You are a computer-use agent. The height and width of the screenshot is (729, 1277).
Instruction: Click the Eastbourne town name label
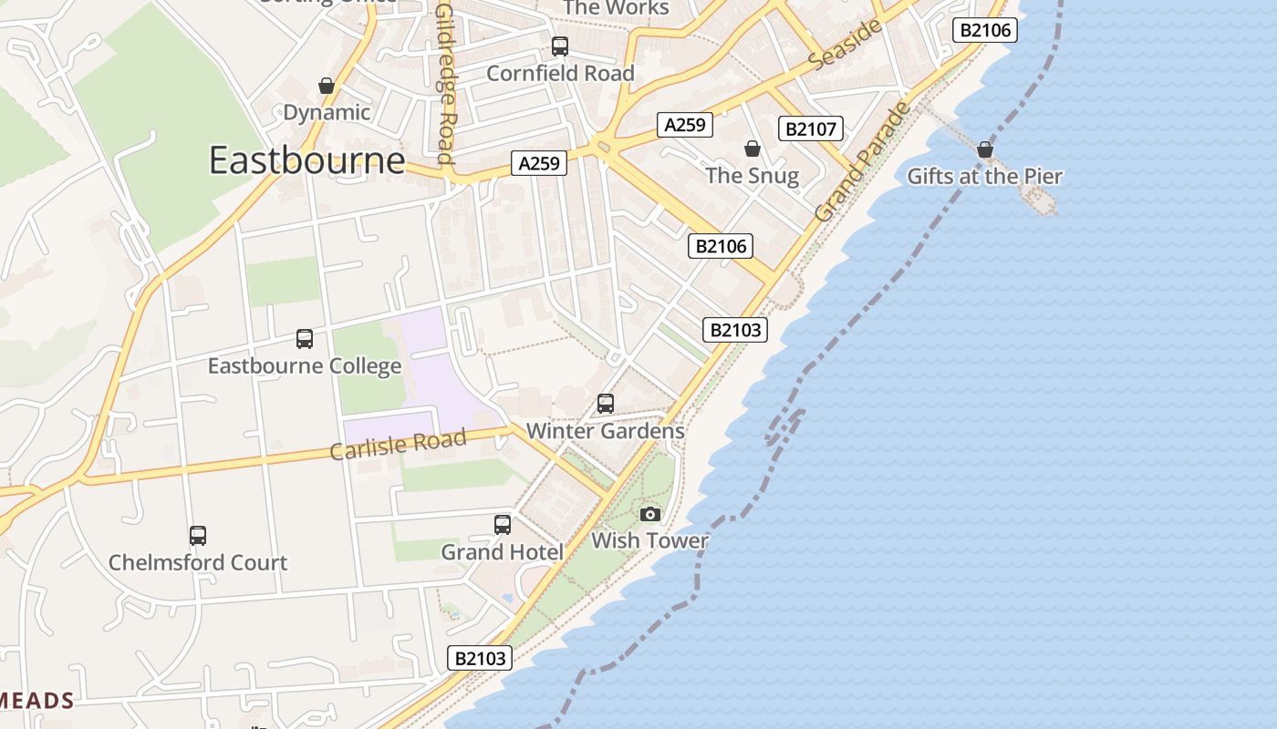click(306, 160)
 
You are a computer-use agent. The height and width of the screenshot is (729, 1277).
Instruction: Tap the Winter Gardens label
click(606, 430)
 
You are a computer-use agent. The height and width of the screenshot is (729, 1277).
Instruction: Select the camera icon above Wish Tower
click(649, 515)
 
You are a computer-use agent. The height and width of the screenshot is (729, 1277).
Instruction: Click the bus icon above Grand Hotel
click(503, 525)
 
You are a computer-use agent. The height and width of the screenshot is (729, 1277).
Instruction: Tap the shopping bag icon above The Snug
click(753, 149)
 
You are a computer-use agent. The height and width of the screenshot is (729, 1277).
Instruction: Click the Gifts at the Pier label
click(984, 176)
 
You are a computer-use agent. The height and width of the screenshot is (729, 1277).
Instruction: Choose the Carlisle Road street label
click(398, 445)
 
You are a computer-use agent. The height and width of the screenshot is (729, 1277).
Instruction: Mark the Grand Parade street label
click(863, 162)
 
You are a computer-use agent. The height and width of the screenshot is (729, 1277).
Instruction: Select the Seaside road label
click(846, 44)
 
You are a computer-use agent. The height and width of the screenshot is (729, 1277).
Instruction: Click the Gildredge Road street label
click(445, 84)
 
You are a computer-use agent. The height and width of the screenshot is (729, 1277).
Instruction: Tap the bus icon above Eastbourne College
click(305, 339)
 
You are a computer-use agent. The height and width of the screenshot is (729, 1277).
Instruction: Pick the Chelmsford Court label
click(198, 562)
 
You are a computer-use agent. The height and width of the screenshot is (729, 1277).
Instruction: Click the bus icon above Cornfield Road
click(560, 46)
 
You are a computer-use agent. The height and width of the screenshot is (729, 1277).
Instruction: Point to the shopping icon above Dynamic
click(327, 87)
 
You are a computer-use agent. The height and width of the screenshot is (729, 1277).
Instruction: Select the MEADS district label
click(36, 700)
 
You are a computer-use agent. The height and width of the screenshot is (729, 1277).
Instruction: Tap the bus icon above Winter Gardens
click(606, 404)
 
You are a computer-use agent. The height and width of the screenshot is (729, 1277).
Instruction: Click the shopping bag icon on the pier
click(984, 149)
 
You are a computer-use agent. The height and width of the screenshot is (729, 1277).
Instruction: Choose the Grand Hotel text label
click(503, 551)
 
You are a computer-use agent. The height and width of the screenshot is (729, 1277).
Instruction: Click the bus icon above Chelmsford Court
click(198, 536)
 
